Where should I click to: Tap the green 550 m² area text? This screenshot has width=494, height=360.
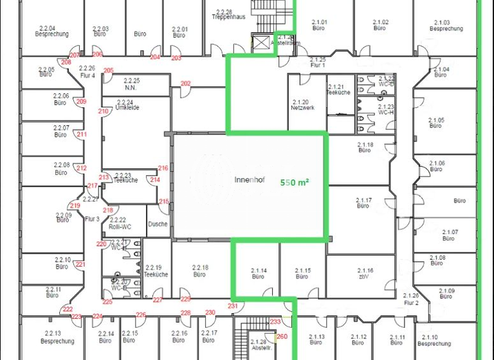click(x=296, y=183)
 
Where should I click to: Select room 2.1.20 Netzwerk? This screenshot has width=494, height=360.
click(x=300, y=105)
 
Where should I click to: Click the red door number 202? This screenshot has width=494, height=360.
click(x=185, y=84)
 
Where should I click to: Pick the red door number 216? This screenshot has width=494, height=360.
click(x=163, y=168)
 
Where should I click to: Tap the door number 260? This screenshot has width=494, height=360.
click(x=281, y=336)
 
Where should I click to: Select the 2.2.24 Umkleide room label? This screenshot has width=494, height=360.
click(x=127, y=105)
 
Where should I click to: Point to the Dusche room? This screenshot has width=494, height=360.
click(x=158, y=224)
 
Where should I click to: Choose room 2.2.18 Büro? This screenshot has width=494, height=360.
click(x=199, y=271)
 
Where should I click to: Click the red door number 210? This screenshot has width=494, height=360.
click(x=104, y=111)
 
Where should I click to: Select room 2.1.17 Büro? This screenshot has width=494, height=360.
click(x=363, y=203)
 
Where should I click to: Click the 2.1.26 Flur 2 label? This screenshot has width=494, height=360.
click(x=411, y=299)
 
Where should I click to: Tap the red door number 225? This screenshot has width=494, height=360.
click(x=107, y=301)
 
